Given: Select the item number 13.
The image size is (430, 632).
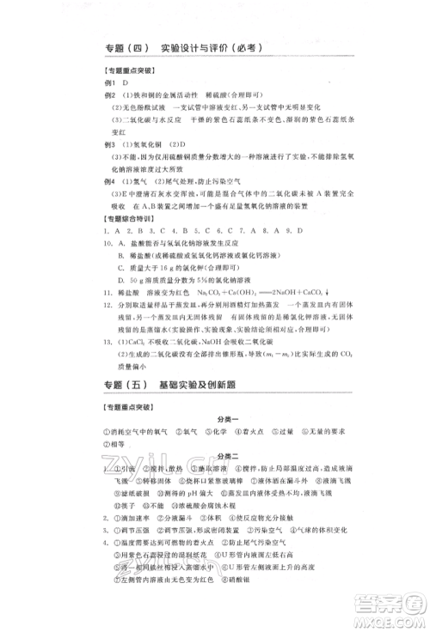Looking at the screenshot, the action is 106,339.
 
